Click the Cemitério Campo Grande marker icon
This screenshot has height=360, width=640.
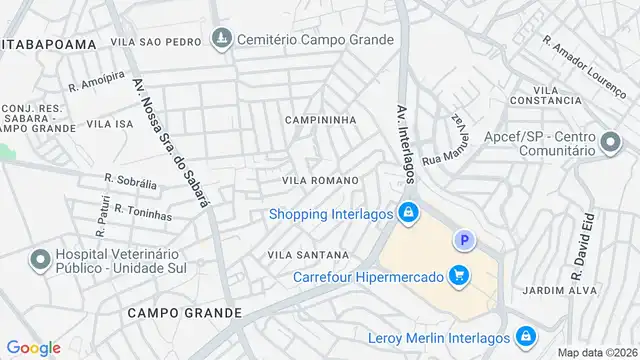click(221, 40)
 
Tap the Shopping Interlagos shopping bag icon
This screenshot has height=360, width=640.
click(408, 213)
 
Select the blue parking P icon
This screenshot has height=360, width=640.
click(463, 240)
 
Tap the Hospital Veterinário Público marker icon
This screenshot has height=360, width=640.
click(41, 261)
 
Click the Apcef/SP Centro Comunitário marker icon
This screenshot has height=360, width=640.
click(609, 145)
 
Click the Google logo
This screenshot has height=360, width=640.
click(33, 347)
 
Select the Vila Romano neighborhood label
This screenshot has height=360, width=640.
click(321, 179)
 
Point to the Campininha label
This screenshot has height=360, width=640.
click(321, 120)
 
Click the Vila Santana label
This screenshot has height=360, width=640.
click(308, 255)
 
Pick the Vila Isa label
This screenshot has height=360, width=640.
click(110, 124)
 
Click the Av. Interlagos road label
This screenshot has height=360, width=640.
click(404, 141)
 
